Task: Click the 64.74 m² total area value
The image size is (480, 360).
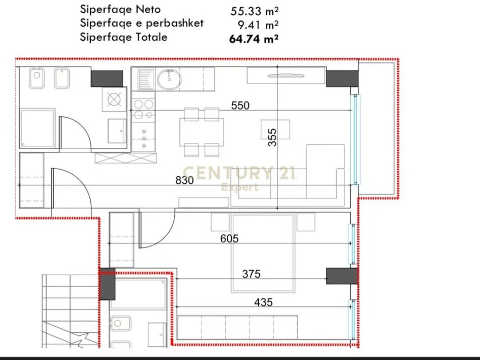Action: point(255,37)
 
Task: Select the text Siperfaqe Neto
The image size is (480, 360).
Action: point(120,9)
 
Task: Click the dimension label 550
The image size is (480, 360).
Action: point(241,106)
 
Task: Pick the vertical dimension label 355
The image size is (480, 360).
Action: point(272,137)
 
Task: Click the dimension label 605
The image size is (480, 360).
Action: point(229,238)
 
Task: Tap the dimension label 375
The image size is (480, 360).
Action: point(251,274)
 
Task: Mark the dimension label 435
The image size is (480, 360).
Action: point(263,302)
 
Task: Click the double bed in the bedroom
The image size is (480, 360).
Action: point(263,252)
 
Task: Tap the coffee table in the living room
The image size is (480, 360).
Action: point(275,129)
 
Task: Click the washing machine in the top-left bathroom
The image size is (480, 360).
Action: point(114,99)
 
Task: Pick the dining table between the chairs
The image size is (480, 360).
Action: point(202,131)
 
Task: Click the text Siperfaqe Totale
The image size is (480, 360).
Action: point(123,37)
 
